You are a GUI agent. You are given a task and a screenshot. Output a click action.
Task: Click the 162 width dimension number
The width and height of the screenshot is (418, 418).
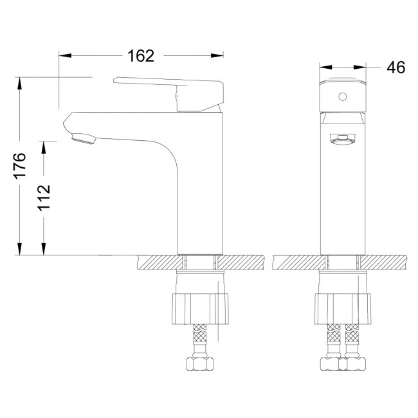coord(141,56)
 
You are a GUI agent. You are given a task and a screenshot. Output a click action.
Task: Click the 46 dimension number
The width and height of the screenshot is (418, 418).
coord(396,68)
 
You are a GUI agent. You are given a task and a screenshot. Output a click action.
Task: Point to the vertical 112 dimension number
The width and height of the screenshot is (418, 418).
coord(43,198)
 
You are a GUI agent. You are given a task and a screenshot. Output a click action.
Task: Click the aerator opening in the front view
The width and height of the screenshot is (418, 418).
coord(343,138)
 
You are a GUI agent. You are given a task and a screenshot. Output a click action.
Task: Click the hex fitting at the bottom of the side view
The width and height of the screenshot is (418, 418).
coord(200,365)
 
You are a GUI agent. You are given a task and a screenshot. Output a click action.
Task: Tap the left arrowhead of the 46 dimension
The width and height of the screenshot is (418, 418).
coord(325,68)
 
